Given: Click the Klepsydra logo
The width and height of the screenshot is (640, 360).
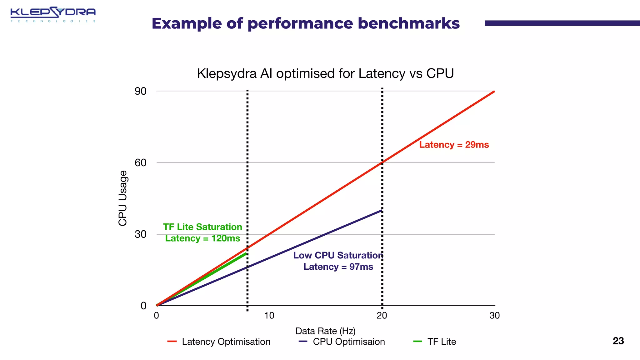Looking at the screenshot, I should (x=53, y=14).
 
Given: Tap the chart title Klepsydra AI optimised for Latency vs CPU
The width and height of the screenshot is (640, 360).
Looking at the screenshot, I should (x=325, y=74).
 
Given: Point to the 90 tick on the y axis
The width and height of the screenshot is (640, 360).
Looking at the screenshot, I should (x=141, y=91).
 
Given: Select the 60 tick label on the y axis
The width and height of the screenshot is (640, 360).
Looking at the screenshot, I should (x=141, y=162).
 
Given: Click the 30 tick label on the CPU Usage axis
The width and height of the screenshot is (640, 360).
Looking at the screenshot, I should (x=141, y=234).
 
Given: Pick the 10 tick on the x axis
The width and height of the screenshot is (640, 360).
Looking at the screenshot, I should (x=269, y=316).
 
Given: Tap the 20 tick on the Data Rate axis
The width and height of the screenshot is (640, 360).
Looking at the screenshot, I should (x=382, y=316).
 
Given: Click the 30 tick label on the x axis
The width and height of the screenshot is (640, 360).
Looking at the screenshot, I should (x=494, y=316).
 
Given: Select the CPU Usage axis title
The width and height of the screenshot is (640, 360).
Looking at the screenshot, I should (x=123, y=198).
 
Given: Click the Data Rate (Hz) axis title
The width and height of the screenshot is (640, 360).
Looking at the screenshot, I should (x=325, y=331).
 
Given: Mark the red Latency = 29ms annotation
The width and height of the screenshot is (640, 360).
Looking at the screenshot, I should (x=454, y=145).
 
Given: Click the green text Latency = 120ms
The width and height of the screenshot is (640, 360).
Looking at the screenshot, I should (x=202, y=238).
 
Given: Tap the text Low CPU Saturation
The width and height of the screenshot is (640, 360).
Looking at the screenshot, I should (x=338, y=255).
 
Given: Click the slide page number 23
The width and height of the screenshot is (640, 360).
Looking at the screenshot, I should (x=618, y=341).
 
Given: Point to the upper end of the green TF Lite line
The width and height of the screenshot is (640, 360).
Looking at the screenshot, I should (x=246, y=254).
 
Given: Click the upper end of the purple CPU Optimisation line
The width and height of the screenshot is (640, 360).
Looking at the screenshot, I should (x=381, y=211).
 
